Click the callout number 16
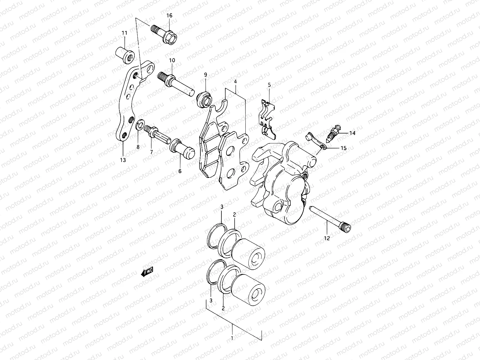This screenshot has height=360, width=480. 169,16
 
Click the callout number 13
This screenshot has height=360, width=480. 123,160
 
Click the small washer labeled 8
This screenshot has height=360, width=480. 139,126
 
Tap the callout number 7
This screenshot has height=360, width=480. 151,152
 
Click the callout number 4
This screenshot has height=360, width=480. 235,82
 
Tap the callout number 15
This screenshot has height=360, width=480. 343,148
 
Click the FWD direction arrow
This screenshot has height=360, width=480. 147,272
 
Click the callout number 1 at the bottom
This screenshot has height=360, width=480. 232,338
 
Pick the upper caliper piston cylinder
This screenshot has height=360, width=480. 248,253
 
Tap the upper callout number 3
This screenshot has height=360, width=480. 222,207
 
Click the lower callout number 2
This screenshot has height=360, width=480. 223,308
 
